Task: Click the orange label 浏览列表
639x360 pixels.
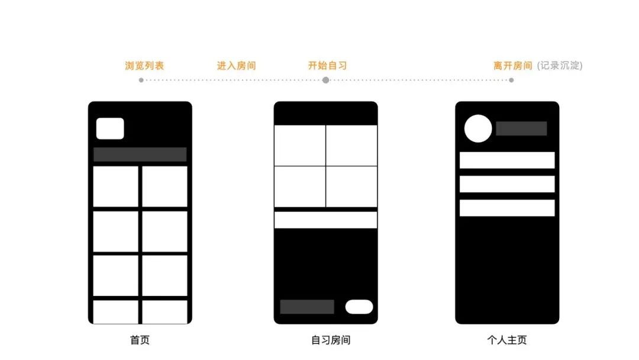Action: (x=144, y=66)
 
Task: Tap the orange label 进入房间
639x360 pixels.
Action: (x=236, y=66)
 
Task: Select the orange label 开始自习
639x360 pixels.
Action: (x=327, y=66)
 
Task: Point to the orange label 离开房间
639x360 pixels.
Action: (x=512, y=66)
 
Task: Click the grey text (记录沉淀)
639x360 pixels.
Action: (x=560, y=66)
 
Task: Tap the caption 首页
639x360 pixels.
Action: (x=140, y=340)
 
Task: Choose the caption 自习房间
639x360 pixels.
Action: (x=331, y=340)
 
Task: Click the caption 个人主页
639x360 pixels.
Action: (x=507, y=340)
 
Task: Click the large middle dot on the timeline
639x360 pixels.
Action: (x=325, y=81)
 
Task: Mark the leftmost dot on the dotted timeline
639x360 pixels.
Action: (x=141, y=81)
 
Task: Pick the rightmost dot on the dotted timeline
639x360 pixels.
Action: (x=511, y=81)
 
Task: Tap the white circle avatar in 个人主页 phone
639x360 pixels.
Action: (x=478, y=128)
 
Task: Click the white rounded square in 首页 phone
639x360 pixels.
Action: (x=110, y=128)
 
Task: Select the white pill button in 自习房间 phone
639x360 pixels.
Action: (x=359, y=307)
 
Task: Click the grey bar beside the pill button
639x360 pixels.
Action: (x=307, y=307)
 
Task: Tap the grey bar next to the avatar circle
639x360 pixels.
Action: (x=521, y=128)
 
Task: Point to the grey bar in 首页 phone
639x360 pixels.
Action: (x=140, y=155)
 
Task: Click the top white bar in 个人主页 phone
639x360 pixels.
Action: (x=507, y=160)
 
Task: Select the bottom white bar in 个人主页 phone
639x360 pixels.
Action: (x=507, y=208)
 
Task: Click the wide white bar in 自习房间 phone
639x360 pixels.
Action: (x=325, y=220)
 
